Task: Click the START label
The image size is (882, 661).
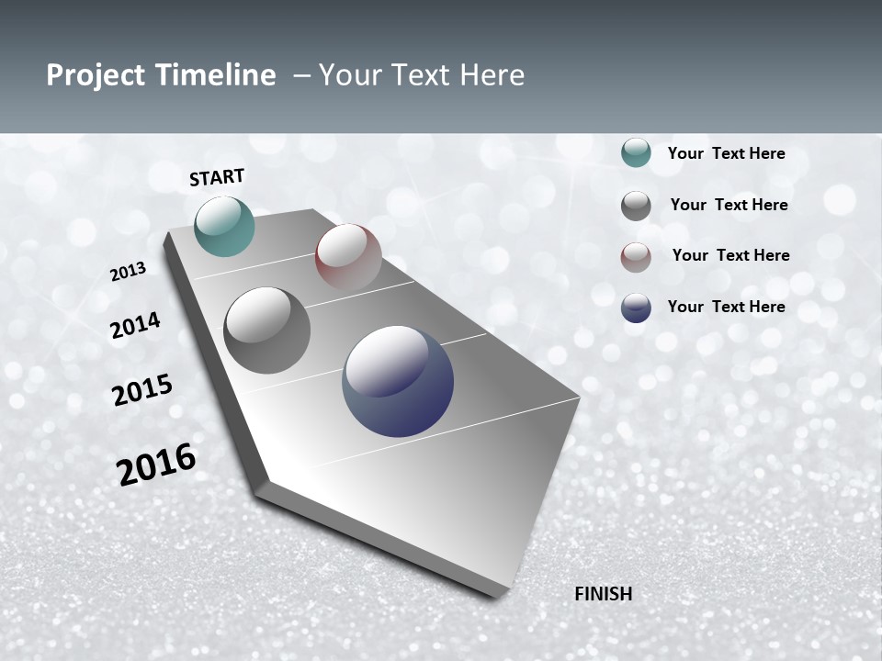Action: coord(217,177)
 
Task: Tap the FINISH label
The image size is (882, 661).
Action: coord(603,594)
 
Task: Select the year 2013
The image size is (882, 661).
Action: coord(128,272)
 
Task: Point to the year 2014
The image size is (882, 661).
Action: coord(135,325)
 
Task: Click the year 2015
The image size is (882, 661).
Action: coord(142,390)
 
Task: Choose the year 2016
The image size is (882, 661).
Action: coord(156,465)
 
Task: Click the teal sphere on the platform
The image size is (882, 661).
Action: coord(224,226)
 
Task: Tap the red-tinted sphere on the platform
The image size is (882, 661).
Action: coord(348,256)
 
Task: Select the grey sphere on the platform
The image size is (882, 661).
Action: coord(266,330)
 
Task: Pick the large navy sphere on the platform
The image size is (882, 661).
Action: coord(398,381)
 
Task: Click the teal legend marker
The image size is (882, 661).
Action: coord(636,153)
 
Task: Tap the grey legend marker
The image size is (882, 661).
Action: coord(636,206)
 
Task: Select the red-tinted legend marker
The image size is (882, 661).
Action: coord(636,257)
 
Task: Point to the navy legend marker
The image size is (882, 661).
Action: coord(636,308)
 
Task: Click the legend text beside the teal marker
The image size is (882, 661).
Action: coord(726,153)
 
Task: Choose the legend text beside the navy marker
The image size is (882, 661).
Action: coord(726,307)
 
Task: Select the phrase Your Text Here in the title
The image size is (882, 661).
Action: coord(422,75)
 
